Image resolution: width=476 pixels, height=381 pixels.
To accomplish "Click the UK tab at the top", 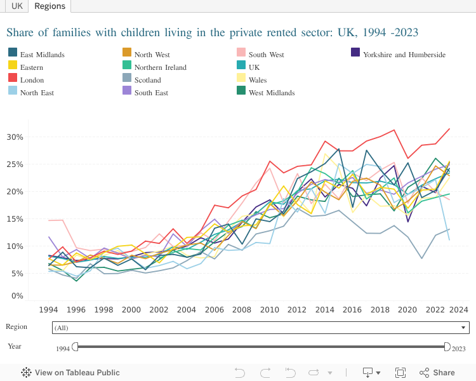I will pos(17,6).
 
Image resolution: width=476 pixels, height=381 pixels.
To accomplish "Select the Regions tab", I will pos(50,6).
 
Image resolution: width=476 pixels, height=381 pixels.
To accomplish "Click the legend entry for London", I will pos(32,80).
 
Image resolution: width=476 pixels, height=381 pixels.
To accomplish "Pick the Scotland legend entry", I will pos(147,80).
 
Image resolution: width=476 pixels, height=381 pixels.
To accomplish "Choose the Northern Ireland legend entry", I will pos(160,67).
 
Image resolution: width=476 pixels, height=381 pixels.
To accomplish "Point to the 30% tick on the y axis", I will pos(15,137).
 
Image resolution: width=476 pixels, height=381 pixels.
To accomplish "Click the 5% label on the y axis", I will pos(17,274).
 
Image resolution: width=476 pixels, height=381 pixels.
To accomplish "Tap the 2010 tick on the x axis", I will pos(270,310).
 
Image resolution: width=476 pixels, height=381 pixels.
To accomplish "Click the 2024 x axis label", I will pos(458,310).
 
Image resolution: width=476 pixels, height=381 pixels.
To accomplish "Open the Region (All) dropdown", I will pos(260,328).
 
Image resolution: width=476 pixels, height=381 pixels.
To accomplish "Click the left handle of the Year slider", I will pos(75,346).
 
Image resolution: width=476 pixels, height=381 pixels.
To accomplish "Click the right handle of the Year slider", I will pos(447,346).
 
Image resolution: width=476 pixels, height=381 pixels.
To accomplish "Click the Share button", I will pos(437,373).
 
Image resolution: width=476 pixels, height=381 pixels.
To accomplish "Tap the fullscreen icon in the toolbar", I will pos(400,373).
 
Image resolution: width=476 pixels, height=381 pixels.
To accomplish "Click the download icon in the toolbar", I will pos(370,373).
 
